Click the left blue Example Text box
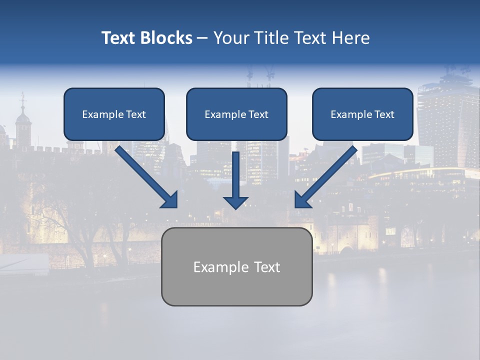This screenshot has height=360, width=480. tap(114, 114)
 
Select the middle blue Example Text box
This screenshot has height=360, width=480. tap(236, 114)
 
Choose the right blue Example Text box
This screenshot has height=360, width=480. tap(362, 114)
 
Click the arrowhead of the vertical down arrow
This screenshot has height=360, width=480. tap(235, 202)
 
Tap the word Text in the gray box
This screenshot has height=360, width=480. tap(267, 267)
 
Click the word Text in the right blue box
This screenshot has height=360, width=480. tap(383, 114)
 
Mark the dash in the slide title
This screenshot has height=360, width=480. tap(202, 38)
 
